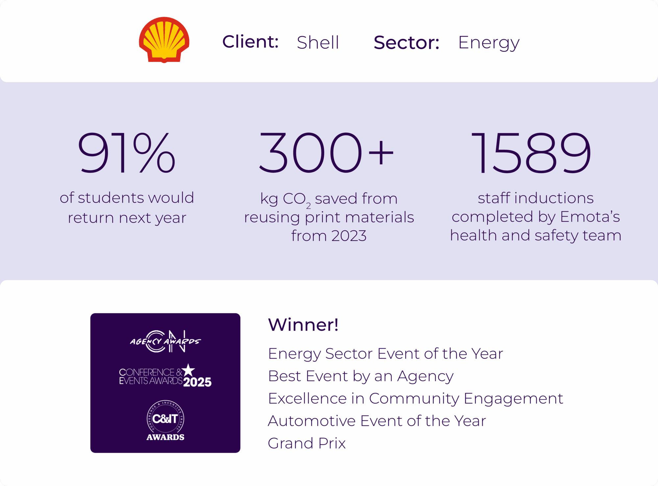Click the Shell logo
pyautogui.click(x=164, y=40)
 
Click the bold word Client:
pyautogui.click(x=250, y=42)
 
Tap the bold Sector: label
pyautogui.click(x=407, y=42)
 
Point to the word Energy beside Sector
pyautogui.click(x=489, y=43)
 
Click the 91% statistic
pyautogui.click(x=126, y=152)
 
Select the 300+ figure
pyautogui.click(x=326, y=152)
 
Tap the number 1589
pyautogui.click(x=531, y=152)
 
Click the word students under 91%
pyautogui.click(x=111, y=198)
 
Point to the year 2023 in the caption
pyautogui.click(x=349, y=236)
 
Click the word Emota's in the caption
pyautogui.click(x=590, y=217)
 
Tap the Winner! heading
pyautogui.click(x=303, y=325)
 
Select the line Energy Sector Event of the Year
pyautogui.click(x=386, y=354)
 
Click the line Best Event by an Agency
pyautogui.click(x=361, y=376)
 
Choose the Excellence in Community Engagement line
pyautogui.click(x=416, y=399)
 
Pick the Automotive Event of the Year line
pyautogui.click(x=377, y=421)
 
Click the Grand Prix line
pyautogui.click(x=307, y=443)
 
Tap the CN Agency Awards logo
pyautogui.click(x=165, y=341)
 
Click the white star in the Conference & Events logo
pyautogui.click(x=189, y=370)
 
